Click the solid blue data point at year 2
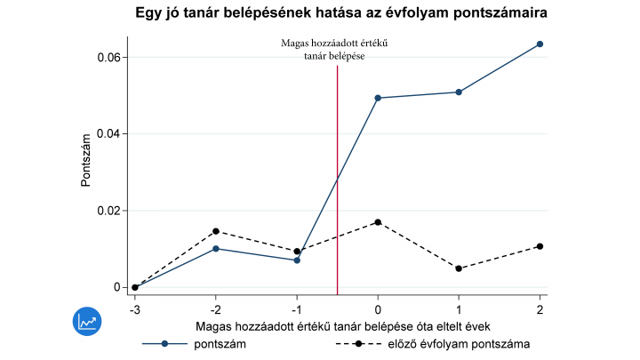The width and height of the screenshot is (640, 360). coord(540,44)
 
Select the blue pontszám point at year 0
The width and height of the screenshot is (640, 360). coord(378,98)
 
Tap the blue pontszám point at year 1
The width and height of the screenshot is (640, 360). coord(459,92)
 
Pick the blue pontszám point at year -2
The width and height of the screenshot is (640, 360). coord(216,249)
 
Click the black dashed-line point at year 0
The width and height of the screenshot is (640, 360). coord(378,222)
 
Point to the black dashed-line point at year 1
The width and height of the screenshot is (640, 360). coord(459,268)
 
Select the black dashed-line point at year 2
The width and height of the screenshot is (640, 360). coord(540,246)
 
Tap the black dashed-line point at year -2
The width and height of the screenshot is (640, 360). coord(216,231)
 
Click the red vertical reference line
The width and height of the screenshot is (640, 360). coord(338,178)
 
